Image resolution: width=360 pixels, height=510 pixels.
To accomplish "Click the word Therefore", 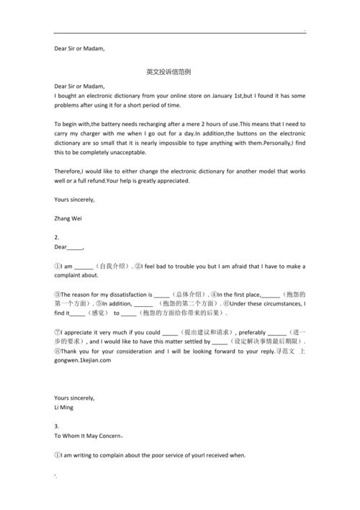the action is pos(71,171).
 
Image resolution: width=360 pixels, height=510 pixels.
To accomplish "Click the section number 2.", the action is pos(57,236).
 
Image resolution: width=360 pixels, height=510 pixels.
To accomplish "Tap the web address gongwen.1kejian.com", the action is pos(82,360).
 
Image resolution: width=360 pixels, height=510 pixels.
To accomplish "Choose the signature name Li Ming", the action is pos(63,408).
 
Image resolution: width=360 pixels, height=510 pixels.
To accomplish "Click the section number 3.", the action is pos(57,426).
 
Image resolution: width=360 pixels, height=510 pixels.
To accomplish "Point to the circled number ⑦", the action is pos(58,332).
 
